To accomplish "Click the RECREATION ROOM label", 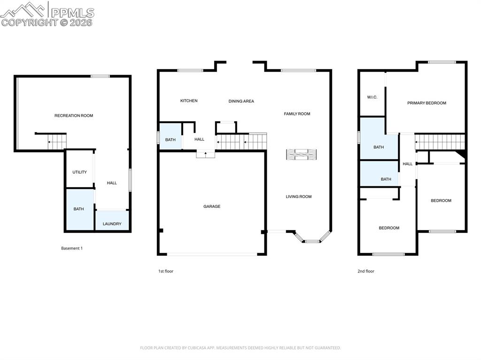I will point(74,115).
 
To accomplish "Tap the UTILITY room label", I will point(79,172).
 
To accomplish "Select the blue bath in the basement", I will point(79,209).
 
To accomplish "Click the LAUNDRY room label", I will point(112,224).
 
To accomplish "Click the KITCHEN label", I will point(189,101).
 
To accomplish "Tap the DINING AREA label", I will point(241,101).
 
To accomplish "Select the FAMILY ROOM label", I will point(297,114).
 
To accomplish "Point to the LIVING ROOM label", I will point(299,197).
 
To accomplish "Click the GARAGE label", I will point(212,207).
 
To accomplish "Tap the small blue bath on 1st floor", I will point(170,139).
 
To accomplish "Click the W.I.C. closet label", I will point(372,97).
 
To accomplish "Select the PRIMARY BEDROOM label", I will point(427,103).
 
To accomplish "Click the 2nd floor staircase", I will point(440,142).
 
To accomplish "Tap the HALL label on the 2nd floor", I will point(408,164).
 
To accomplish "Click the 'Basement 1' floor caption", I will point(72,248).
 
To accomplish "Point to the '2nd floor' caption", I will point(366,271).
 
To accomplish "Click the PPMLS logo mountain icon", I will point(23,9).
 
